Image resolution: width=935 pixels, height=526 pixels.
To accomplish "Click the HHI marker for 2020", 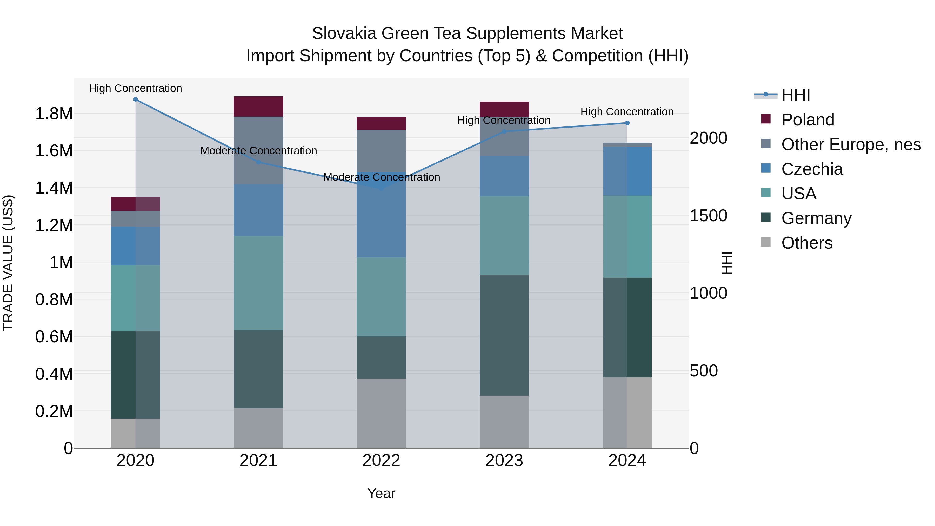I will click(135, 99).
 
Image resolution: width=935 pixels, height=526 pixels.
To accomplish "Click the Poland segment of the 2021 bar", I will click(258, 106).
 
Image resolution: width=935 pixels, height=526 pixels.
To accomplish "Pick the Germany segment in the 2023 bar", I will click(504, 335).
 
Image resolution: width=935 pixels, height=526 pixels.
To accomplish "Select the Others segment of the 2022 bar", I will click(381, 413).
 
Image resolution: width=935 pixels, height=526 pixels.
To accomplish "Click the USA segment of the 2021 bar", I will click(258, 283).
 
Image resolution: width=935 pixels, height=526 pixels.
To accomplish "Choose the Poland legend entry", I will click(807, 120).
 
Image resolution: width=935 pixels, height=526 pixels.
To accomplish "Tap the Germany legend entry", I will click(816, 218).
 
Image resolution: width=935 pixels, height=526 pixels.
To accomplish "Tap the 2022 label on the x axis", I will click(381, 461).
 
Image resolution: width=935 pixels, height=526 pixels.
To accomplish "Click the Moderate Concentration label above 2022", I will click(382, 177).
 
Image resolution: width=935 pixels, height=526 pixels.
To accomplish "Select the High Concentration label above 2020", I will click(135, 88).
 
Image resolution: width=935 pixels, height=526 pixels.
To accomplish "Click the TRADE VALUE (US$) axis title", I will click(8, 263).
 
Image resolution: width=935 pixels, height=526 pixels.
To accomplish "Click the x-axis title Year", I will click(381, 493).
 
